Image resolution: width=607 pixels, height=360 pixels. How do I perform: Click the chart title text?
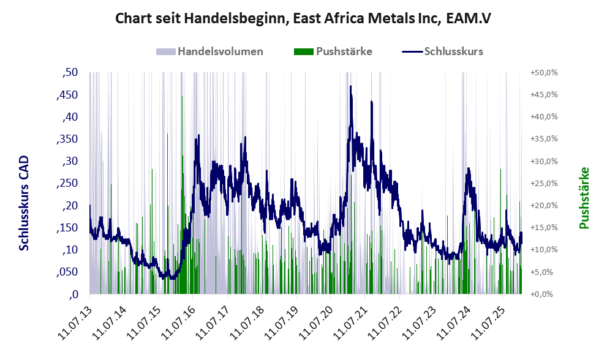pyautogui.click(x=303, y=19)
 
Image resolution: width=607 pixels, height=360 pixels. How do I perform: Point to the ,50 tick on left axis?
pyautogui.click(x=70, y=73)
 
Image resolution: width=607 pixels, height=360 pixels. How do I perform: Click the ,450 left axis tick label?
pyautogui.click(x=68, y=95)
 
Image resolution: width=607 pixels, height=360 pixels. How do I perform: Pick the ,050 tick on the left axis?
pyautogui.click(x=68, y=272)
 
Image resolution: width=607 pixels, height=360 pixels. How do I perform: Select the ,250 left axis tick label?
pyautogui.click(x=68, y=184)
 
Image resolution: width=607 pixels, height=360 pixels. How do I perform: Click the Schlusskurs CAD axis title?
pyautogui.click(x=24, y=203)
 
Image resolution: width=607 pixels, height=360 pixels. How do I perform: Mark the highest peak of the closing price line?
pyautogui.click(x=350, y=86)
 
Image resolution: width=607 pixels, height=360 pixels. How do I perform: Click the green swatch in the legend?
pyautogui.click(x=304, y=51)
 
